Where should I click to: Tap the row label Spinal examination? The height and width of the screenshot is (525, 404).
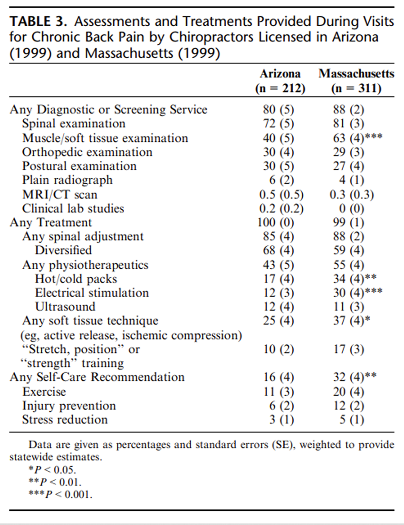[x=74, y=124]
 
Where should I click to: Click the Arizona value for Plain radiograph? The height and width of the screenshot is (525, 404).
[x=281, y=180]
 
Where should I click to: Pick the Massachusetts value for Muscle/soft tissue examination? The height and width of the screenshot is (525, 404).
[x=357, y=138]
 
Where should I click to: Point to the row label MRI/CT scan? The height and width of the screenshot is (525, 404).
[x=59, y=194]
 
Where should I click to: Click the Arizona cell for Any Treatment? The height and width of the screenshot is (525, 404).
[x=276, y=223]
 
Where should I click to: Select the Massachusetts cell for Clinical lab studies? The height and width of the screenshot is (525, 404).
[x=351, y=209]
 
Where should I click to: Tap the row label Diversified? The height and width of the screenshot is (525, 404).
[x=63, y=250]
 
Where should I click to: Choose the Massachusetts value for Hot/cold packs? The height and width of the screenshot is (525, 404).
[x=355, y=279]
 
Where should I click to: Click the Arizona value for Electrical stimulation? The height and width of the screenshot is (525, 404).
[x=279, y=292]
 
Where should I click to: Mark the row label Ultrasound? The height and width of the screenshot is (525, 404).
[x=65, y=307]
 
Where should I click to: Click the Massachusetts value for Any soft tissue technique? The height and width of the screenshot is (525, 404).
[x=351, y=321]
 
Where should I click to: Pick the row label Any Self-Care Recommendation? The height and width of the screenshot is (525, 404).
[x=97, y=377]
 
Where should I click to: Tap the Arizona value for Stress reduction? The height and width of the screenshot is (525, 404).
[x=281, y=419]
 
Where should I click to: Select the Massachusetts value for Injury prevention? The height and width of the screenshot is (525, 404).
[x=348, y=406]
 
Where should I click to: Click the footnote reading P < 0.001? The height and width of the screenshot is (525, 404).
[x=60, y=494]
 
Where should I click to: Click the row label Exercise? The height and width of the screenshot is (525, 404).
[x=44, y=392]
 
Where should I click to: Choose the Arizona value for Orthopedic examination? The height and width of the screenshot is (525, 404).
[x=279, y=152]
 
